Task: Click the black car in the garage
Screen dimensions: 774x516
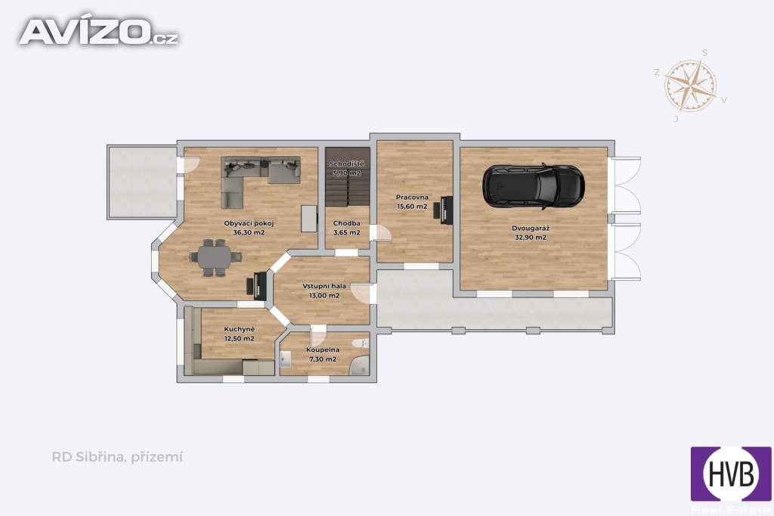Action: [x=534, y=186]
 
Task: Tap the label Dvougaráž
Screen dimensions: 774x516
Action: [x=530, y=228]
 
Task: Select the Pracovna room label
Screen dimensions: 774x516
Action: [x=412, y=197]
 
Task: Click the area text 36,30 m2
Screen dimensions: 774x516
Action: [x=249, y=232]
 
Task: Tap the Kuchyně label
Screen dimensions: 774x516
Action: [x=240, y=329]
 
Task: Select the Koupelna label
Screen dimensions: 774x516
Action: [x=323, y=350]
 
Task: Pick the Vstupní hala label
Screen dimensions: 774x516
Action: [x=324, y=286]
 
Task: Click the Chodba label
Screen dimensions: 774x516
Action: [x=346, y=223]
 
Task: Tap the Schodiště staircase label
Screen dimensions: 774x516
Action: [x=347, y=163]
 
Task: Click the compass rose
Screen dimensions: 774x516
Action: [x=691, y=85]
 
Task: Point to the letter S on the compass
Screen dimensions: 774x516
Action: [x=704, y=53]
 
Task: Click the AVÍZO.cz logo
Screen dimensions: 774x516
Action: [x=99, y=31]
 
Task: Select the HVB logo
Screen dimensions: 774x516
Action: [x=731, y=474]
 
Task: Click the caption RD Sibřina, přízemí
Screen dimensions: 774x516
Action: [x=117, y=457]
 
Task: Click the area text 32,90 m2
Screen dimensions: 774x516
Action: [x=531, y=238]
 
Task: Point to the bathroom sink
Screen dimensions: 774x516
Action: [x=286, y=359]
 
